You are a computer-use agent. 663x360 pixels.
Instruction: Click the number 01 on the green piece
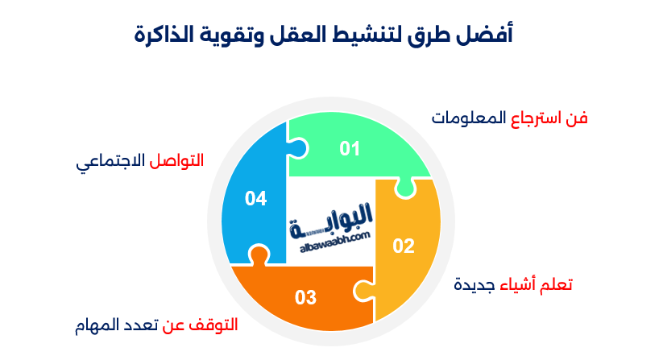(x=349, y=148)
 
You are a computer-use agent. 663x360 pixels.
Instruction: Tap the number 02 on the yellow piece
(x=403, y=246)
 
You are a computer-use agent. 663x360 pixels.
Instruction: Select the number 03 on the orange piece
(x=305, y=297)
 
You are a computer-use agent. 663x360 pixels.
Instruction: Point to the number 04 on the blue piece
(x=255, y=198)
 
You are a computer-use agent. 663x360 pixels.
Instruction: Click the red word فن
(x=577, y=118)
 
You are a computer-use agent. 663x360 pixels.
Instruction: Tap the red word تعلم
(x=554, y=285)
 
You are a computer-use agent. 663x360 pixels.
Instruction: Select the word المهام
(x=93, y=326)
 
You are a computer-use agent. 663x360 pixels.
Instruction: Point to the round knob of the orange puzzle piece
(x=258, y=256)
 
